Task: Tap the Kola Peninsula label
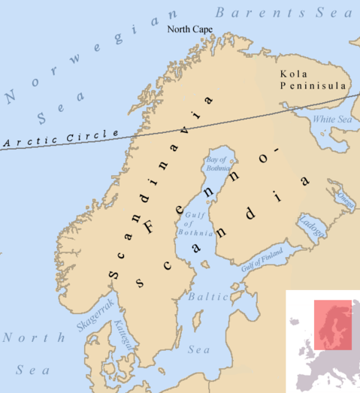[312, 80]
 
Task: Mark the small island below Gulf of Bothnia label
[204, 265]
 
